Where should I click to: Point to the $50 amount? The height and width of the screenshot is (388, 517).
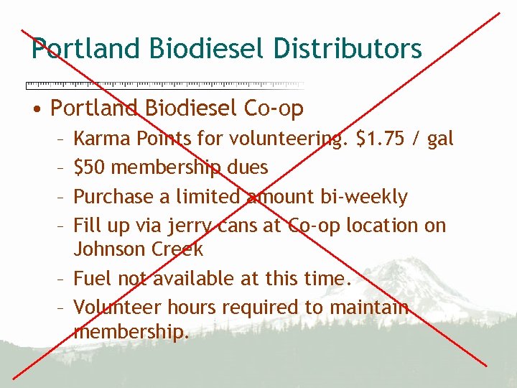[x=90, y=167]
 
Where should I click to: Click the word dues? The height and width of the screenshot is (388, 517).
[x=247, y=167]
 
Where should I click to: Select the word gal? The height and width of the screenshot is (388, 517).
[x=440, y=139]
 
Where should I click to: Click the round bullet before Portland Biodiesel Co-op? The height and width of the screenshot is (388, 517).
[x=36, y=109]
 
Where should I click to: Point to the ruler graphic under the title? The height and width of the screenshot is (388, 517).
[x=164, y=84]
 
